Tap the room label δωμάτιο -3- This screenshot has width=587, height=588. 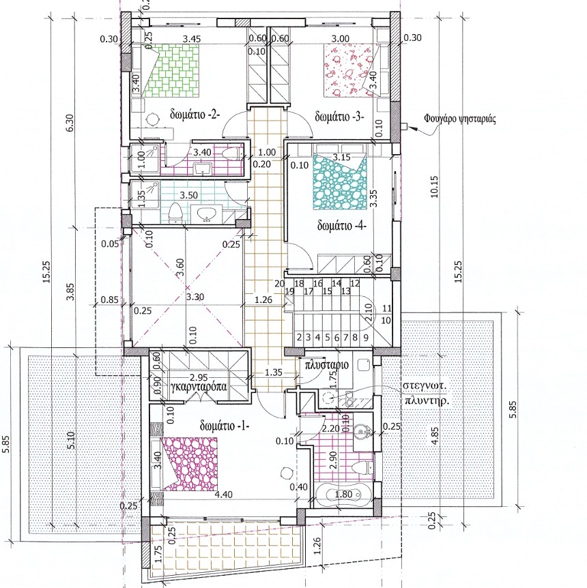click(x=340, y=117)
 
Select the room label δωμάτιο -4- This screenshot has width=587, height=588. click(x=341, y=226)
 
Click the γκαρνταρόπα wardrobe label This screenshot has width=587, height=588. click(x=199, y=387)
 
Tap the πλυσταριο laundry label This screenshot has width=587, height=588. click(x=326, y=364)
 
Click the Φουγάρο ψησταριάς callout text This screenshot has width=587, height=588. click(x=460, y=119)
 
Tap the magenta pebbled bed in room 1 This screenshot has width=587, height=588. click(x=190, y=465)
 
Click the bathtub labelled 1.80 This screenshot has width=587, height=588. click(x=343, y=495)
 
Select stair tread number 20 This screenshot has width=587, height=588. click(x=279, y=284)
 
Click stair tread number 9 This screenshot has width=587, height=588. click(x=366, y=338)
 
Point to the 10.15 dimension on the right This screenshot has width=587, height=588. click(x=434, y=186)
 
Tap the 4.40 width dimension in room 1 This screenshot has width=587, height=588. click(x=223, y=495)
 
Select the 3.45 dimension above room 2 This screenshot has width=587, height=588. click(x=191, y=39)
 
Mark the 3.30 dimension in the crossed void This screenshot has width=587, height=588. click(x=195, y=297)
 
